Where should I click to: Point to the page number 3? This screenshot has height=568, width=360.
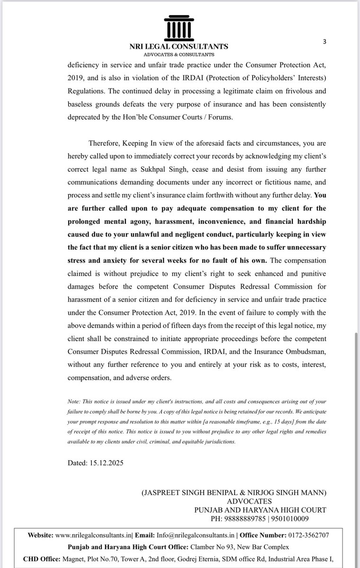coord(324,42)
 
